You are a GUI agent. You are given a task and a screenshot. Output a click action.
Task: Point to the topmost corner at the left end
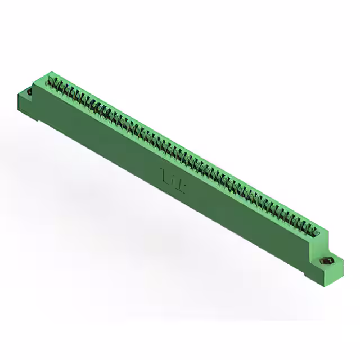tap(51, 72)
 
